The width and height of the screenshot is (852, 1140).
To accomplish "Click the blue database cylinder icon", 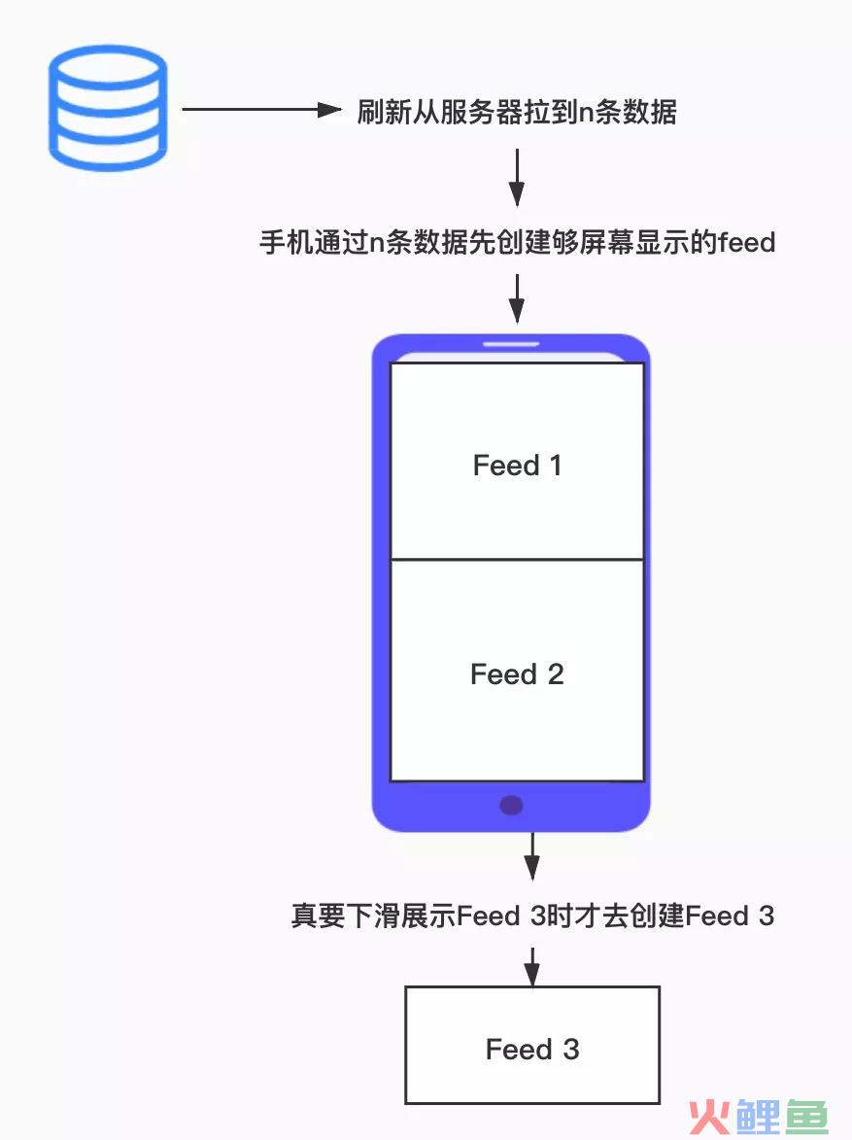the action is pos(108,108).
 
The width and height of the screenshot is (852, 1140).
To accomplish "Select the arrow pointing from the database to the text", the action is pos(261,110).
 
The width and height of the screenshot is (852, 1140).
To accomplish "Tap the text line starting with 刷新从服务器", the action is pos(517,112).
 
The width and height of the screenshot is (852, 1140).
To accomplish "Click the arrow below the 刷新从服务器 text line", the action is pos(517,178).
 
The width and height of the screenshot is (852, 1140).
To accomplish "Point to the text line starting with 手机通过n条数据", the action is pos(518,242).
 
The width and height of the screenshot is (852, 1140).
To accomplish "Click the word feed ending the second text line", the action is pos(747,242).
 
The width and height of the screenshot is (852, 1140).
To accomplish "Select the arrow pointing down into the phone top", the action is pos(517,298).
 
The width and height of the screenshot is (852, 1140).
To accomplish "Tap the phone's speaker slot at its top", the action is pos(511,343).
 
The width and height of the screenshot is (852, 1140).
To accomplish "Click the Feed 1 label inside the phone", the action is pos(518,466).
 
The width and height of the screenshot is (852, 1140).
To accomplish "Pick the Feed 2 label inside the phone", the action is pos(518,674).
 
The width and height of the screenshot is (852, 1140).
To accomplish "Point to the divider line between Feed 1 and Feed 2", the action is pos(517,560).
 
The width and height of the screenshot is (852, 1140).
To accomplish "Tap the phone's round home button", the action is pos(511,805).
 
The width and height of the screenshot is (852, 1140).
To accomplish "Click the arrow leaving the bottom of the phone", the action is pos(532,856).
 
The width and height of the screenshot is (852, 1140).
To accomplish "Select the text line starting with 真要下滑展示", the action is pos(532,916).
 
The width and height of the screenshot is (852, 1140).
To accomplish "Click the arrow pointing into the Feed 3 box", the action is pos(532,966).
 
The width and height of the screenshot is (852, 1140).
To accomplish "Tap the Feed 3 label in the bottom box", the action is pos(532,1049).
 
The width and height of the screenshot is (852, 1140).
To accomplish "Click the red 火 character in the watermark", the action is pos(709,1117).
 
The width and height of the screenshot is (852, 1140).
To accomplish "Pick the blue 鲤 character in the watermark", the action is pos(758,1117).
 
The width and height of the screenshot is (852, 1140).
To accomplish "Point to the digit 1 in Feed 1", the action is pos(556,466).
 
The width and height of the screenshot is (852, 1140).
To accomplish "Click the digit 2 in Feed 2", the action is pos(556,674).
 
